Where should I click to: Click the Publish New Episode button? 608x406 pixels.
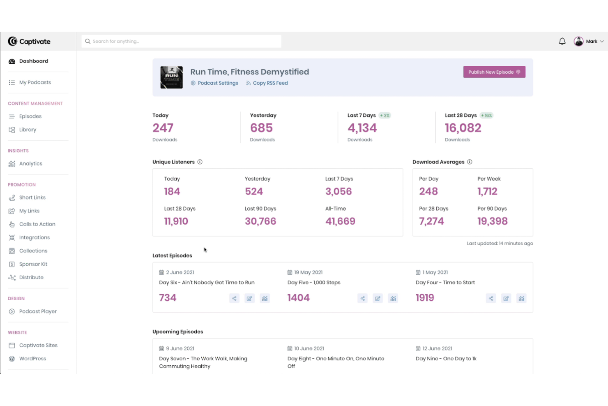pos(494,72)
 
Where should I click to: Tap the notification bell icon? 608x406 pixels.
pos(562,42)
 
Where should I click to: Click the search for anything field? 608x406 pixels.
pos(181,41)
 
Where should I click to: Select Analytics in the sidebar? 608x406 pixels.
pos(30,164)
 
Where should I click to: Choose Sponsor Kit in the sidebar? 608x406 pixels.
pos(33,264)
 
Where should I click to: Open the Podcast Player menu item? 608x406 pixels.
pos(38,311)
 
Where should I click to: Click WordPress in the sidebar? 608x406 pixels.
pos(32,359)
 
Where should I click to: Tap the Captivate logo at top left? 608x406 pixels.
pos(29,42)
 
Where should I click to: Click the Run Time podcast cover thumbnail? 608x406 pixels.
pos(171,77)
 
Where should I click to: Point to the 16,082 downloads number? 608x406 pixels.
pos(463,128)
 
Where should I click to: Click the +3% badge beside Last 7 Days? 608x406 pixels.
pos(385,116)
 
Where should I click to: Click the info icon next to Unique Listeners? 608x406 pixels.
pos(200,162)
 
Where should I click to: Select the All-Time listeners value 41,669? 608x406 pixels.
pos(340,221)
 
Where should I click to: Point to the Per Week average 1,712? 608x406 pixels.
pos(487,191)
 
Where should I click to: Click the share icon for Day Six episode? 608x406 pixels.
pos(234,299)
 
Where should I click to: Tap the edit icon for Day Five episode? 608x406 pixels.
pos(378,299)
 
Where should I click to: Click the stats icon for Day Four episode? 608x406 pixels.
pos(521,299)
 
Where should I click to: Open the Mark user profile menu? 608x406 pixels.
pos(589,42)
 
